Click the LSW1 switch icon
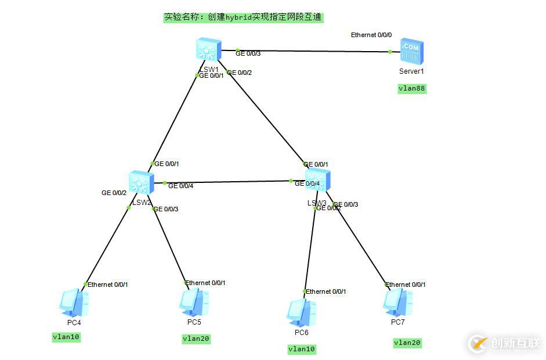click(207, 50)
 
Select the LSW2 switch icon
click(140, 182)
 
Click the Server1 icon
click(411, 53)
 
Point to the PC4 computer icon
click(74, 303)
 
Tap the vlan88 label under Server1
click(412, 89)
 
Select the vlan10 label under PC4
click(66, 337)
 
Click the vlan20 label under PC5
click(196, 339)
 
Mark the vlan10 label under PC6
click(302, 349)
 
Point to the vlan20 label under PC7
click(407, 343)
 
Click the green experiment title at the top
click(243, 17)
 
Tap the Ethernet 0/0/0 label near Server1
click(371, 35)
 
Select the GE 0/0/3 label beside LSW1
click(248, 53)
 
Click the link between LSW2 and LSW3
click(226, 182)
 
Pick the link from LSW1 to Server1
click(313, 51)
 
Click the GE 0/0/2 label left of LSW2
click(114, 193)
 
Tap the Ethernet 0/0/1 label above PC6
click(326, 291)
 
